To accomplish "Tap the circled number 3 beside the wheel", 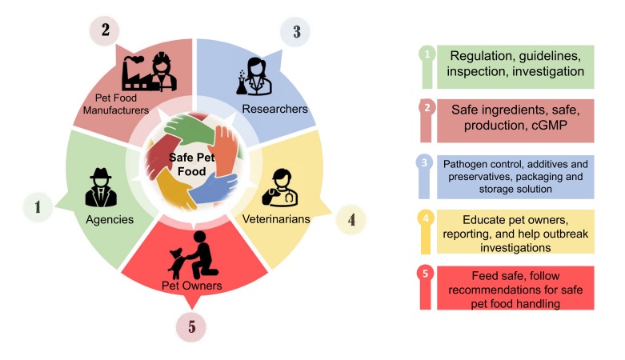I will point(296,33).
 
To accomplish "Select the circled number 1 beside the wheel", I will point(37,207).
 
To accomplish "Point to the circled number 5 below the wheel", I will point(190,326).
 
